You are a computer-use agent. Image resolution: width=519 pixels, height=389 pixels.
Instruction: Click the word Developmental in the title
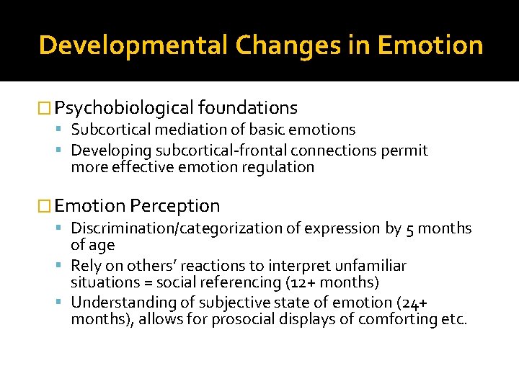click(x=133, y=45)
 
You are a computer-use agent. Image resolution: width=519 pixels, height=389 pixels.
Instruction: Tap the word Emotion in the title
click(x=430, y=45)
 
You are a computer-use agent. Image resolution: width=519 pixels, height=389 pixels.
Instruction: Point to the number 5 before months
click(x=409, y=229)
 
